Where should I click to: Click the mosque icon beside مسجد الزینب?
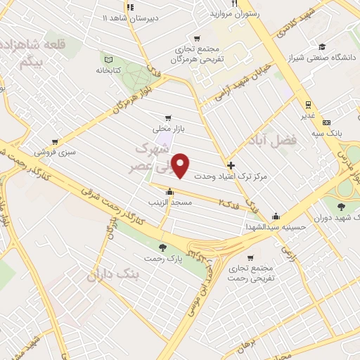pyautogui.click(x=169, y=191)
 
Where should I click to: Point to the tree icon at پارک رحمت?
pyautogui.click(x=163, y=247)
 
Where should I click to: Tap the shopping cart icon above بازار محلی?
pyautogui.click(x=167, y=118)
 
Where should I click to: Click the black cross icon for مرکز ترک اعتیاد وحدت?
pyautogui.click(x=231, y=165)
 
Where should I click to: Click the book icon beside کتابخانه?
pyautogui.click(x=108, y=60)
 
